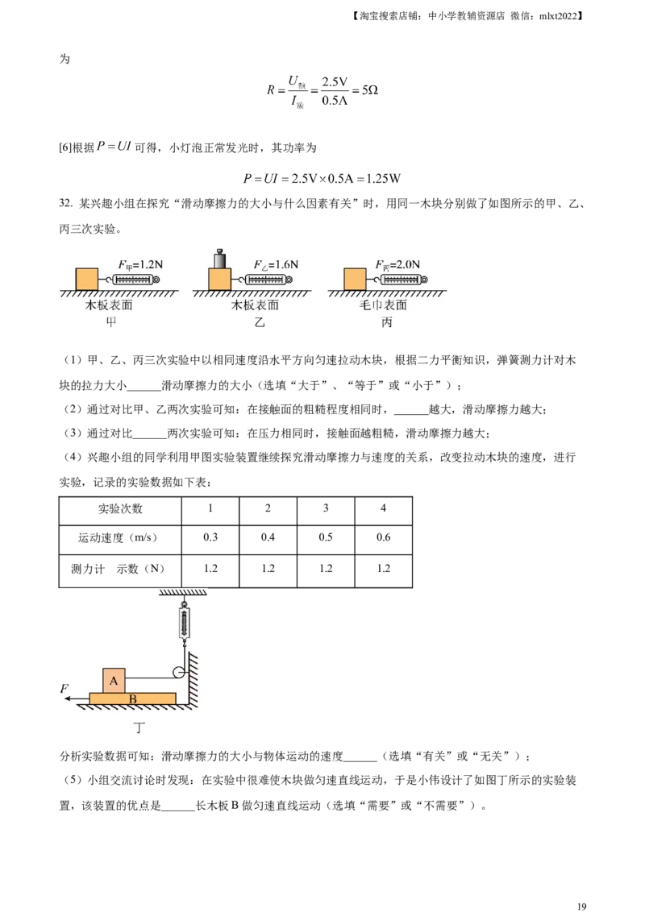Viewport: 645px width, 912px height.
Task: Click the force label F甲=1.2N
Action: (140, 263)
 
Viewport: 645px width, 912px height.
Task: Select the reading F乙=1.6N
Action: (275, 263)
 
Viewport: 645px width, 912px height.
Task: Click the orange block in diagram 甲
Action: (86, 279)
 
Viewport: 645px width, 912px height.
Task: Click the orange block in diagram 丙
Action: (356, 279)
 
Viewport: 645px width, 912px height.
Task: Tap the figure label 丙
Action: (387, 323)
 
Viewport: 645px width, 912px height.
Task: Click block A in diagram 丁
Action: (114, 681)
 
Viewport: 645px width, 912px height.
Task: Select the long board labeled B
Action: (133, 698)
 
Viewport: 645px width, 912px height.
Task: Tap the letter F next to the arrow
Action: (64, 688)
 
